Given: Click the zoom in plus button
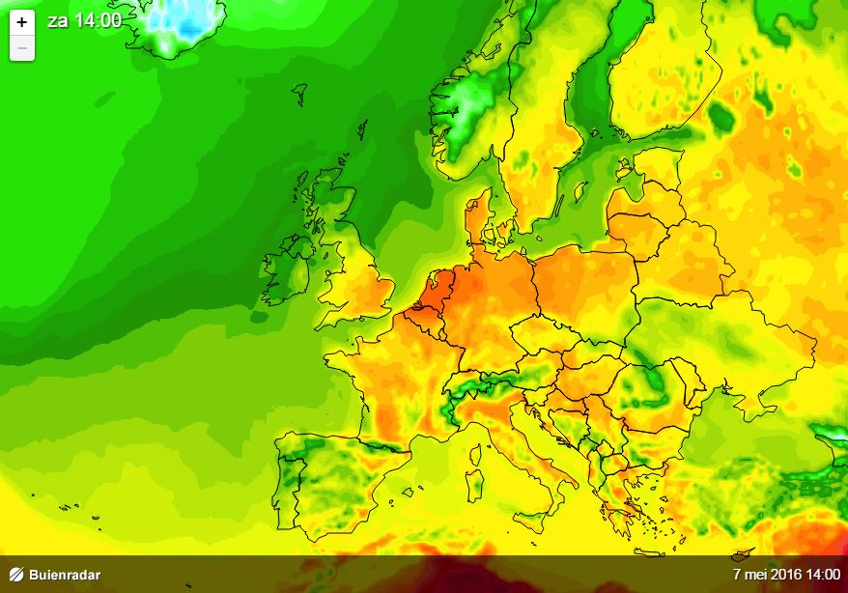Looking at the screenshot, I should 22,21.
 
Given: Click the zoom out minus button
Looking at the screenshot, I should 22,46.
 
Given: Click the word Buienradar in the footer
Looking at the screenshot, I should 65,576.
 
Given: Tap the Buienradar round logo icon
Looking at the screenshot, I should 15,576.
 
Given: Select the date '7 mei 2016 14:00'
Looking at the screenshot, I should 786,575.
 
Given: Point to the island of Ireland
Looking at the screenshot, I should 290,270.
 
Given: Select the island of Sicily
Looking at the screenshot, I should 535,522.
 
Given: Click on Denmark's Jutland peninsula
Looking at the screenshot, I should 477,217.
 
